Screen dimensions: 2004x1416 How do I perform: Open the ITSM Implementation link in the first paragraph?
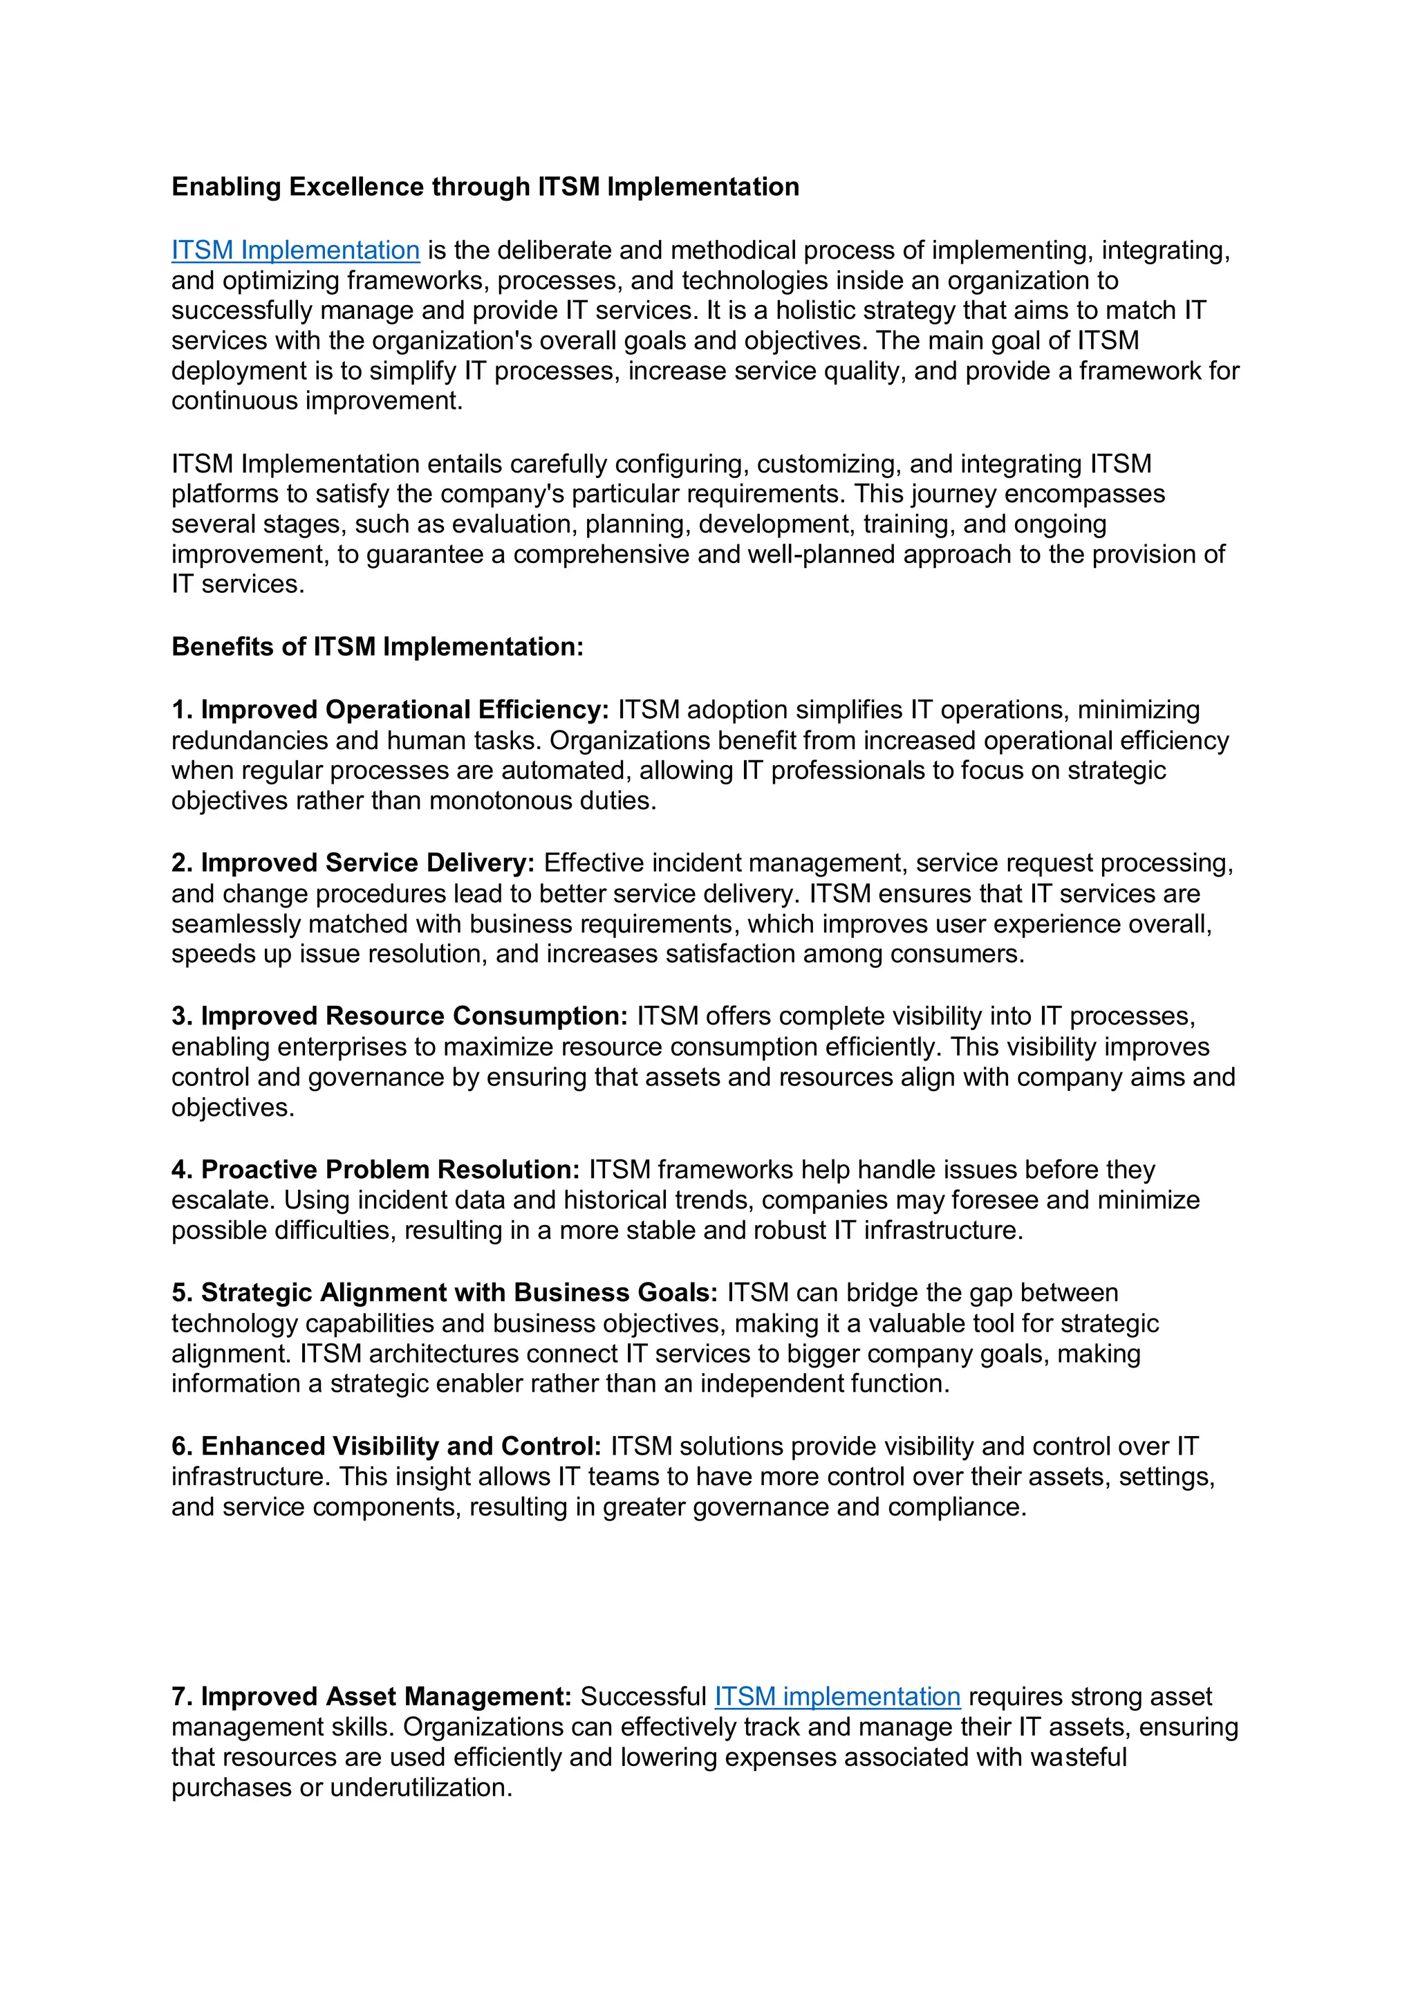pyautogui.click(x=295, y=250)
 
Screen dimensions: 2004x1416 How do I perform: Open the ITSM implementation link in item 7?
pyautogui.click(x=837, y=1696)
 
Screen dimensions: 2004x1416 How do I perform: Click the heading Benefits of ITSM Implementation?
pyautogui.click(x=377, y=647)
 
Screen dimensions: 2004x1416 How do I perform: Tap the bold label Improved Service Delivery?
pyautogui.click(x=367, y=863)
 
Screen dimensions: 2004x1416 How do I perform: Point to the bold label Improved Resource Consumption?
pyautogui.click(x=414, y=1016)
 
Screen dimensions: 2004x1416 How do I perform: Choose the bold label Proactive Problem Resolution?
pyautogui.click(x=390, y=1170)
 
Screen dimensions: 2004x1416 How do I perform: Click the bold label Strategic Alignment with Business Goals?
pyautogui.click(x=459, y=1293)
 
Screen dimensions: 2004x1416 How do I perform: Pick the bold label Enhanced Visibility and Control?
pyautogui.click(x=401, y=1446)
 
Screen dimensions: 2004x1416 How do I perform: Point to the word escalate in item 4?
pyautogui.click(x=223, y=1200)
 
